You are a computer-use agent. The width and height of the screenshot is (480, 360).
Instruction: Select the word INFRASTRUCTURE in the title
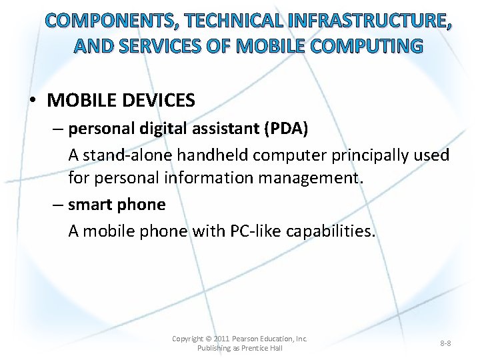[369, 21]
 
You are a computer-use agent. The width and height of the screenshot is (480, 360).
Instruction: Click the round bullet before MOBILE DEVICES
[33, 101]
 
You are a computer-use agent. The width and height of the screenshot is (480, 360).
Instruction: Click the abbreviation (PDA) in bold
[285, 129]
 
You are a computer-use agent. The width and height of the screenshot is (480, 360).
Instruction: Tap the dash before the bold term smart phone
[58, 205]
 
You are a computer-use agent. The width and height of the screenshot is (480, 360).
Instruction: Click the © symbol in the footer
[208, 339]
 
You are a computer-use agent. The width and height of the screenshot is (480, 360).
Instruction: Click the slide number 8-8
[445, 343]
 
